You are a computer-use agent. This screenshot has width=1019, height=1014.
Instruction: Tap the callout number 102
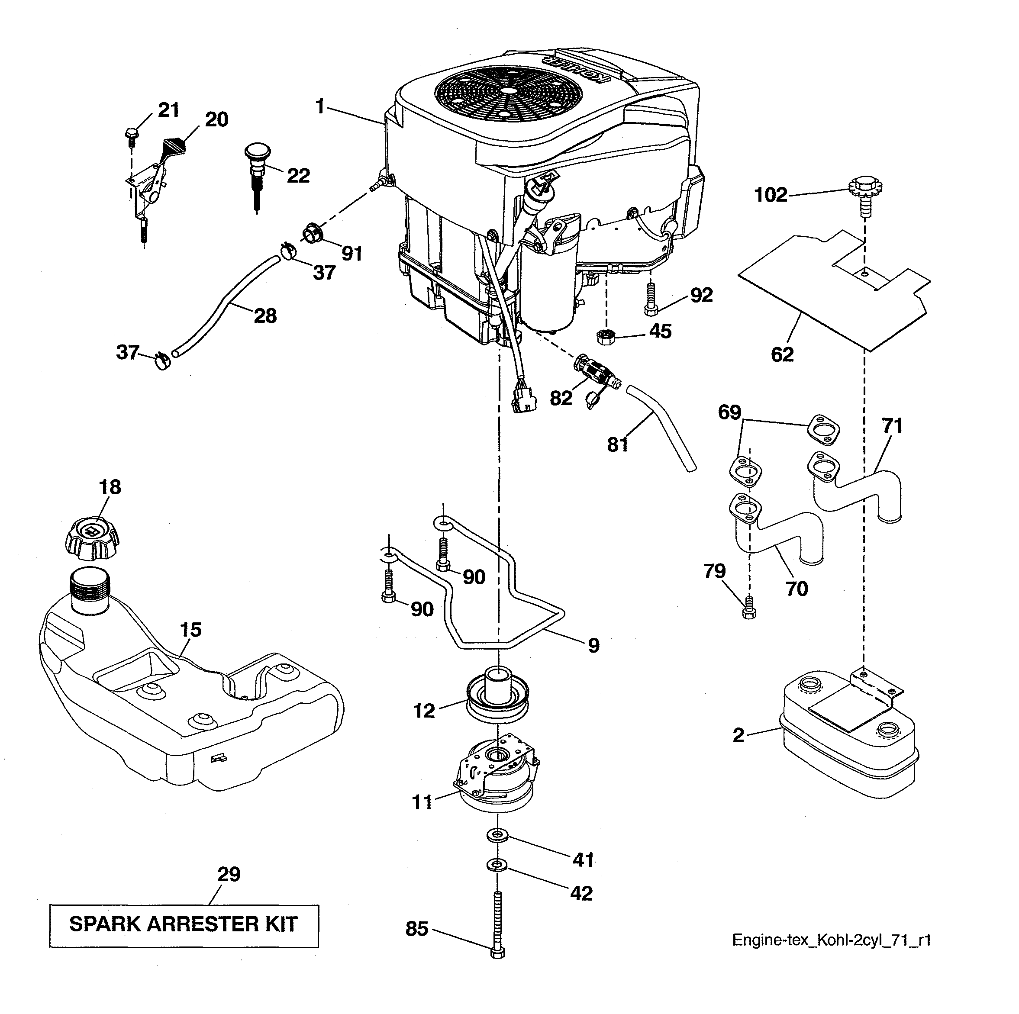[771, 195]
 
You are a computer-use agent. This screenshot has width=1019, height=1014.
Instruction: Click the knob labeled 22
[257, 159]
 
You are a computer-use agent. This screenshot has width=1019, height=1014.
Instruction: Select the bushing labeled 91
[314, 232]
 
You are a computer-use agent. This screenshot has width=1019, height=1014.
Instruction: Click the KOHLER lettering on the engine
[580, 70]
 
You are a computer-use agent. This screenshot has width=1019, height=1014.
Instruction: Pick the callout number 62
[782, 354]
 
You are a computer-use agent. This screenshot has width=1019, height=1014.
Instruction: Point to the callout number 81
[618, 444]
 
